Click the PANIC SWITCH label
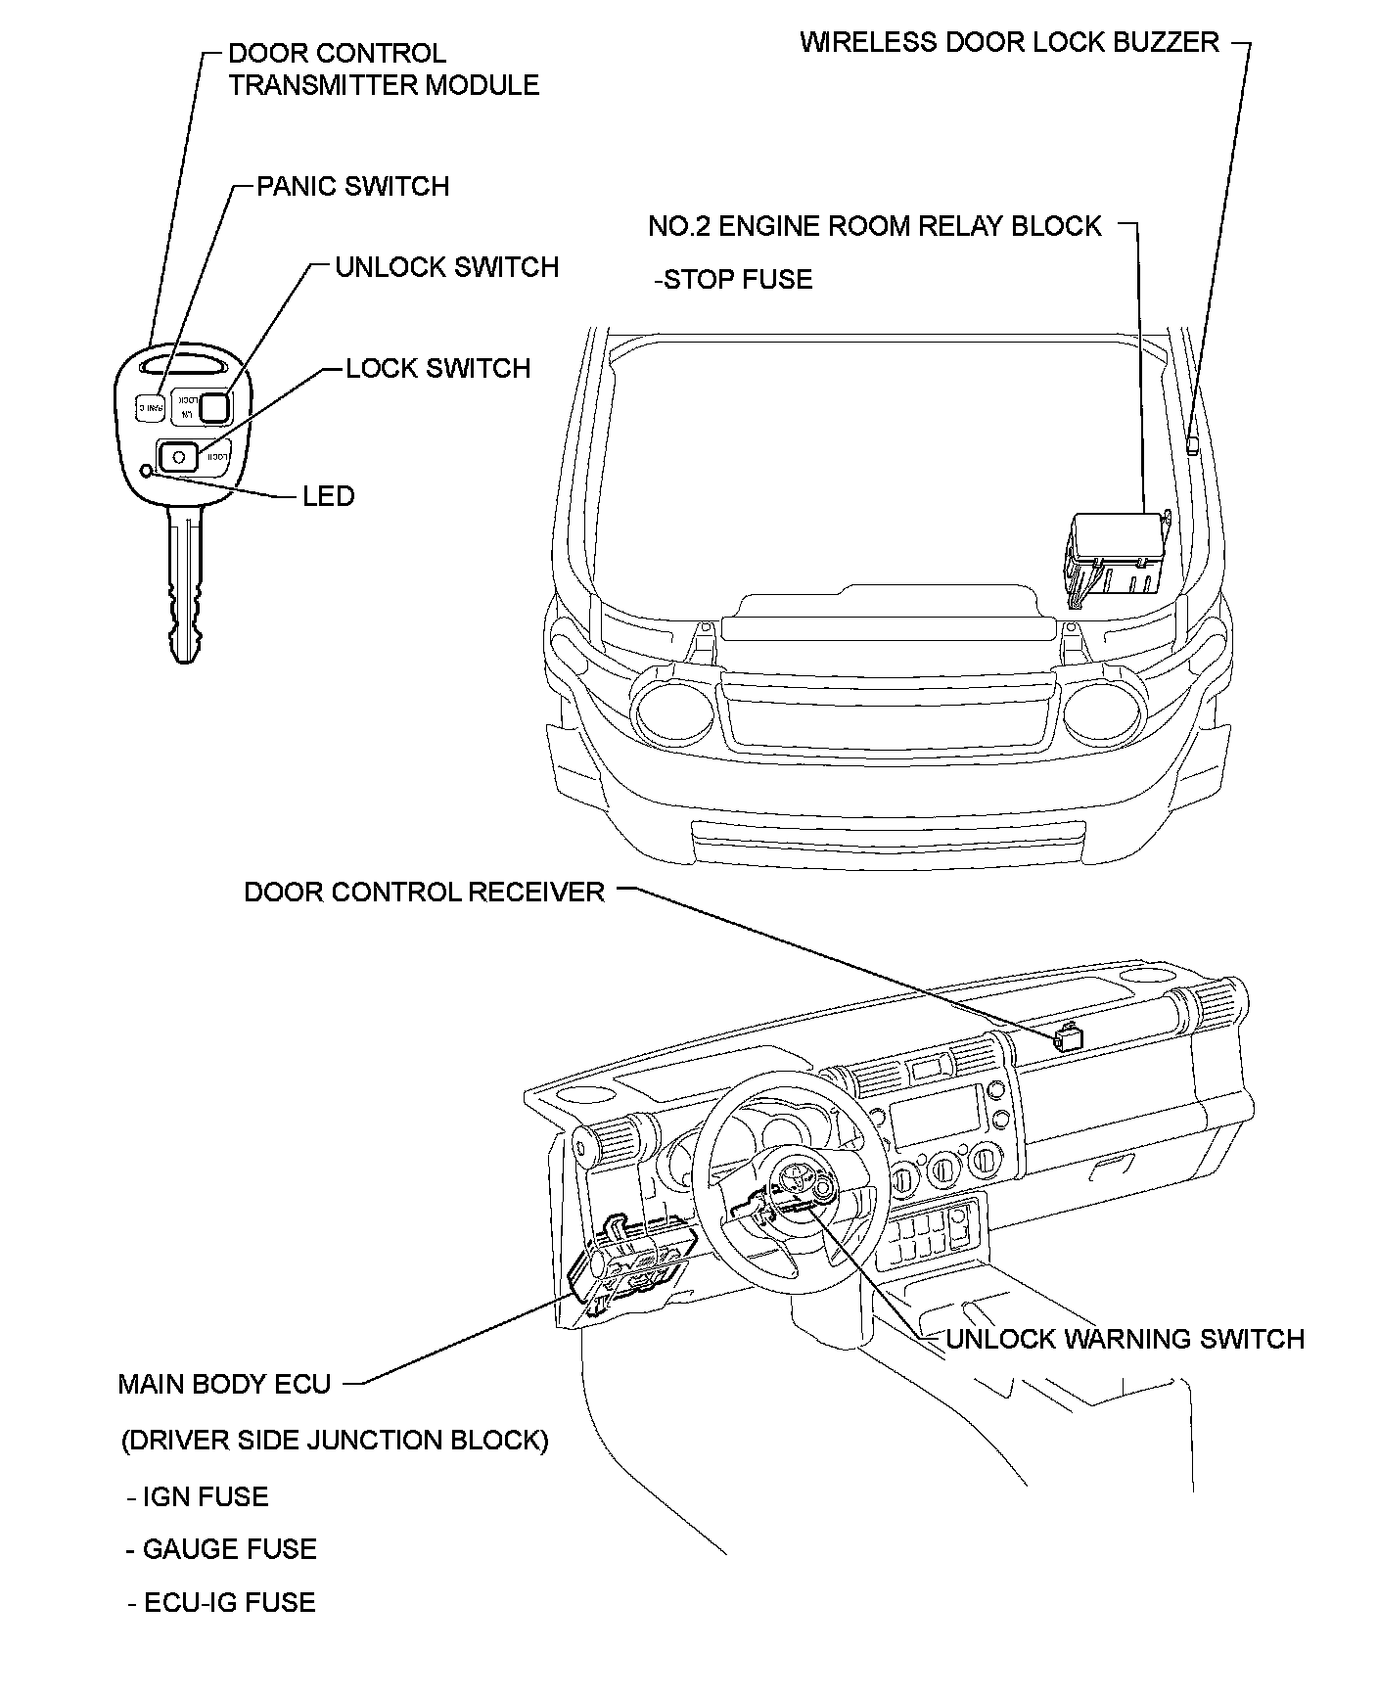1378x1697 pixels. coord(352,186)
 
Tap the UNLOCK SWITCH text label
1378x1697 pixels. coord(446,267)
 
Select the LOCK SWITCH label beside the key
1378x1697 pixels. coord(437,368)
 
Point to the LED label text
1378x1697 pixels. coord(328,496)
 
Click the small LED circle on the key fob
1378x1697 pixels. coord(147,471)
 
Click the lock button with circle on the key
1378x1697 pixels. coord(179,456)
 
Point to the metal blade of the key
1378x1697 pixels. coord(183,587)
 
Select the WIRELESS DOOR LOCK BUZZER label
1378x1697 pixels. coord(1009,42)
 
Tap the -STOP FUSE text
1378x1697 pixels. coord(733,280)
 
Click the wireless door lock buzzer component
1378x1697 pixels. coord(1192,445)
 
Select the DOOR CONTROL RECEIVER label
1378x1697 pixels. coord(424,892)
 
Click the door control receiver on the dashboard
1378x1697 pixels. coord(1068,1036)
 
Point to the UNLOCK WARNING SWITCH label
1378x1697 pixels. coord(1125,1339)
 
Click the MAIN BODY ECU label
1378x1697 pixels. coord(224,1384)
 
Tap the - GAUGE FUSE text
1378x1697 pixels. coord(221,1549)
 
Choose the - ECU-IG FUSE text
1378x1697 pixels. coord(221,1603)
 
